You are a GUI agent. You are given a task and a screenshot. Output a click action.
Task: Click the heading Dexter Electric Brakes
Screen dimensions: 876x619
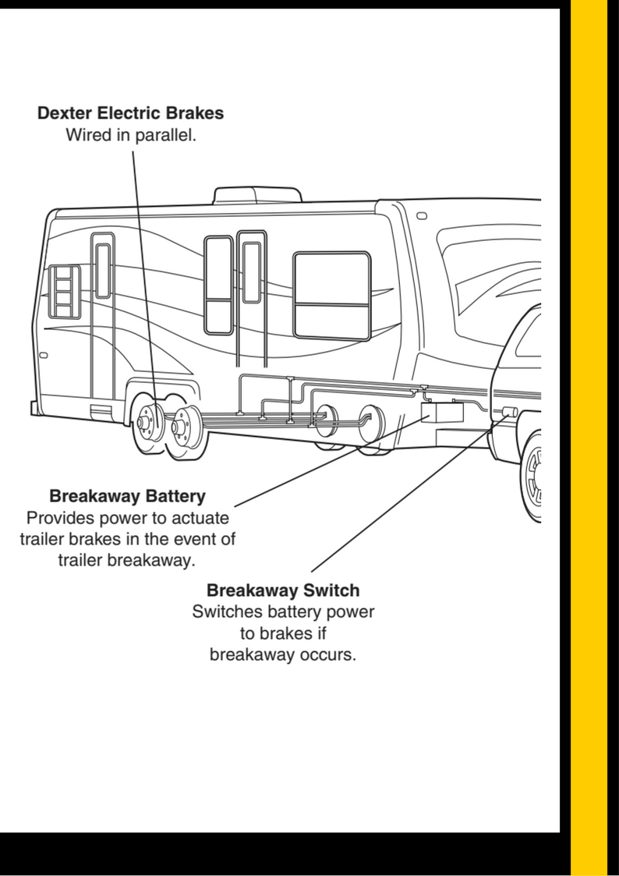tap(130, 113)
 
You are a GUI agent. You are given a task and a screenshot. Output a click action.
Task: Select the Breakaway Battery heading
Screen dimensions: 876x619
tap(127, 496)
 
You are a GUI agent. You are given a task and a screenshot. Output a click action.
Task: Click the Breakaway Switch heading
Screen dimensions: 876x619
tap(283, 590)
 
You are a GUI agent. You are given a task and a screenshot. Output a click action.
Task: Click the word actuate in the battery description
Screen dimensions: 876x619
tap(200, 517)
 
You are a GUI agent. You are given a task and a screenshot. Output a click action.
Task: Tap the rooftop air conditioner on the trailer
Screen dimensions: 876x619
tap(258, 194)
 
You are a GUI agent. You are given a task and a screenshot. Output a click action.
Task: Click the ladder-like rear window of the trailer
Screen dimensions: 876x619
tap(64, 291)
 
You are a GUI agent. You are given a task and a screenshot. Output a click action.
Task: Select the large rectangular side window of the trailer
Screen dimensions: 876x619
tap(331, 295)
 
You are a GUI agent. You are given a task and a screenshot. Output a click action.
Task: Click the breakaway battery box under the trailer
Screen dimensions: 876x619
tap(440, 411)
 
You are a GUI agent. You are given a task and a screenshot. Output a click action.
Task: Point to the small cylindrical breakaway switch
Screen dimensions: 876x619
tap(511, 413)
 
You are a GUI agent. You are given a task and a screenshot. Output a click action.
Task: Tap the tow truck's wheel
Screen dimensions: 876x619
tap(535, 477)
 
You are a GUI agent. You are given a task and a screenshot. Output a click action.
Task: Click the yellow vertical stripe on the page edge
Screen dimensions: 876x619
tap(589, 437)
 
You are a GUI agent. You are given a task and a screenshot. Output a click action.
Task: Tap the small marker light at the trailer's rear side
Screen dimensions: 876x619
tap(43, 356)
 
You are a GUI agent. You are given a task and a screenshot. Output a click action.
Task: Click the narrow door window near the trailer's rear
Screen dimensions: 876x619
tap(103, 270)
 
